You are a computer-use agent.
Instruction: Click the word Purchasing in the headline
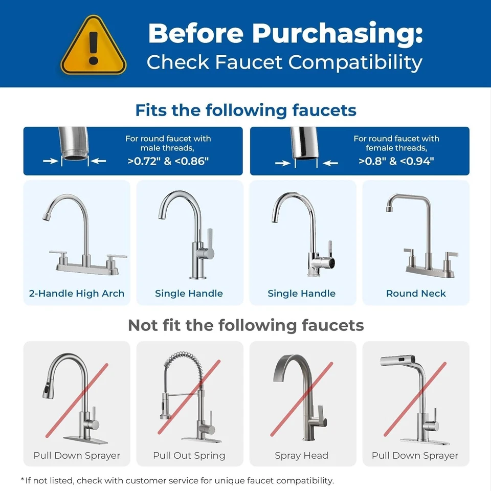point(337,34)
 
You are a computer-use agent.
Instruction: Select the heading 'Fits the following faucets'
point(245,110)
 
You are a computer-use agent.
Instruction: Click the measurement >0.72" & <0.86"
point(168,162)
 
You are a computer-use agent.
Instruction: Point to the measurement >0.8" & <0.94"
point(396,162)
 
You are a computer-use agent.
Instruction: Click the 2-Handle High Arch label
point(77,294)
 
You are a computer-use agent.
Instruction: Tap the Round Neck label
point(416,294)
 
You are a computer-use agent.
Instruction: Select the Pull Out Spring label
point(189,455)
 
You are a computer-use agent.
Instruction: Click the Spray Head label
point(302,455)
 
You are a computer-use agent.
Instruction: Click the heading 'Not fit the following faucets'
point(245,325)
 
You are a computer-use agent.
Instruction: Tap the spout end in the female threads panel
point(305,151)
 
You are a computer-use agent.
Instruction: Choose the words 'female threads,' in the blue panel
point(396,148)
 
